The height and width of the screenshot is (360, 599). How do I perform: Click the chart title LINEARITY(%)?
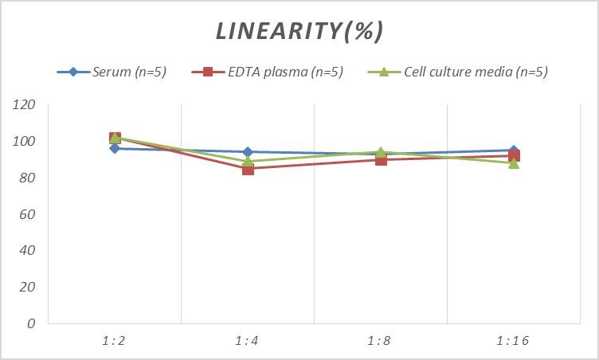click(x=299, y=31)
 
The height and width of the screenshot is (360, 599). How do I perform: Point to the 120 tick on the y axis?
click(x=25, y=105)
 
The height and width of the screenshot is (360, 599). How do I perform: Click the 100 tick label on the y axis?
click(x=25, y=142)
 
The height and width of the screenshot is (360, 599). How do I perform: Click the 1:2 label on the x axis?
click(x=115, y=341)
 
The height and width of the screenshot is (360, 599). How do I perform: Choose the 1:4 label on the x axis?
click(x=248, y=341)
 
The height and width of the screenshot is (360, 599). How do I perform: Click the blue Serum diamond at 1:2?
click(x=115, y=148)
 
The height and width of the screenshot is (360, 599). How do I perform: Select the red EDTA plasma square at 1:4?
click(x=248, y=169)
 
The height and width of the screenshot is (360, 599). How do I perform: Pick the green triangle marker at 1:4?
click(x=248, y=161)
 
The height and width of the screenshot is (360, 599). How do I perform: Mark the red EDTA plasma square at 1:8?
click(x=381, y=159)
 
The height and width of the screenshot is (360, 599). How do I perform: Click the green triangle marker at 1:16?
click(x=514, y=162)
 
